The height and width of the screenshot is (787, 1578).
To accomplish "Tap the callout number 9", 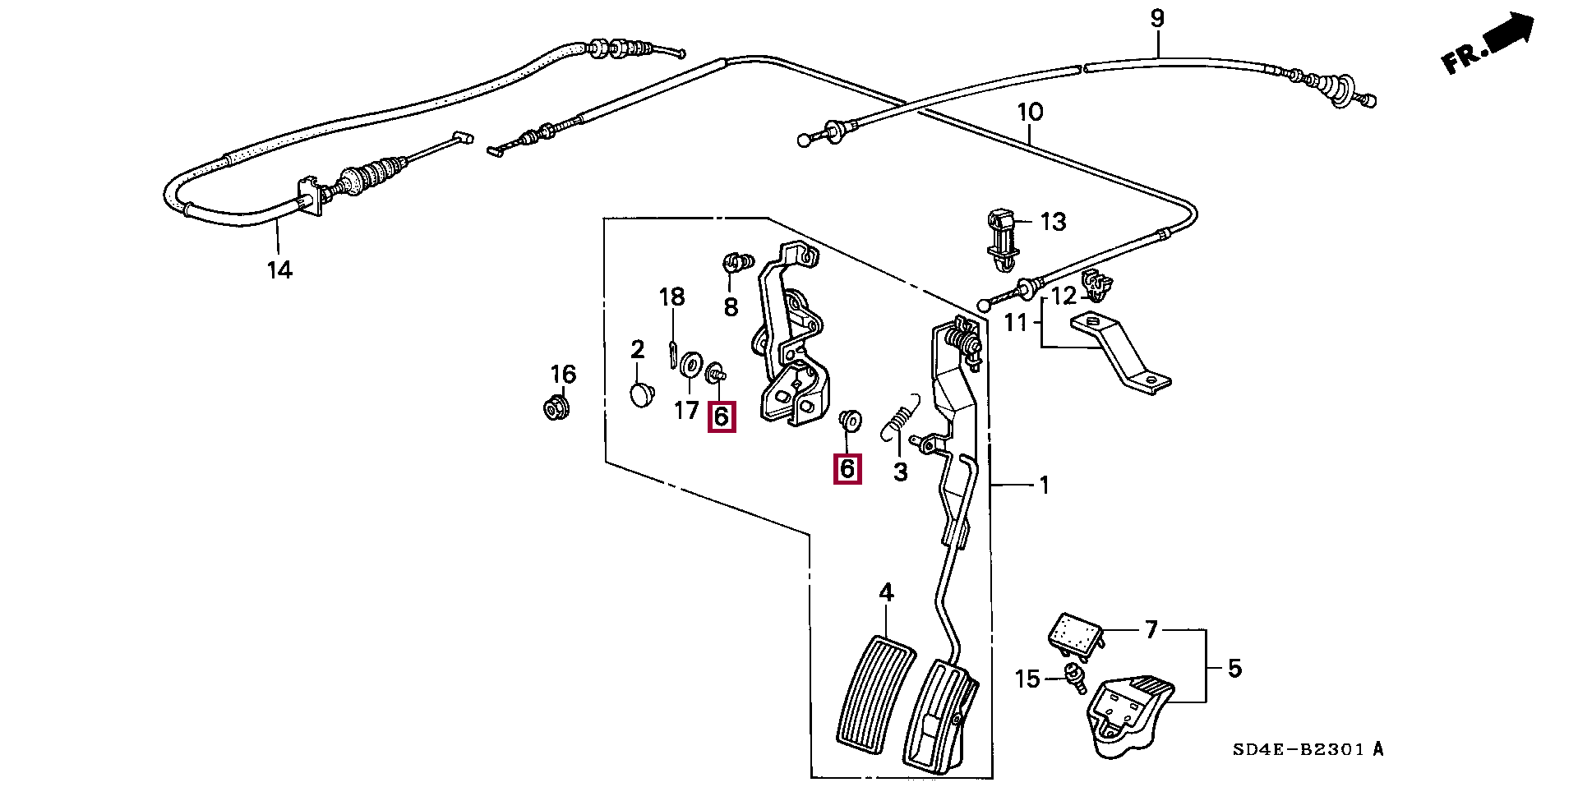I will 1157,19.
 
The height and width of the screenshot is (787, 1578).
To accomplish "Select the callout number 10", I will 1030,112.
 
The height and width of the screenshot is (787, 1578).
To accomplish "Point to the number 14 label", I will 279,269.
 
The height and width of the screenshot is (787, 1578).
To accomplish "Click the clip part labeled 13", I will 1000,239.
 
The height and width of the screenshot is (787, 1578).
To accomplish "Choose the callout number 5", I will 1234,669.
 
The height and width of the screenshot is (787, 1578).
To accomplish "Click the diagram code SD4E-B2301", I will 1308,749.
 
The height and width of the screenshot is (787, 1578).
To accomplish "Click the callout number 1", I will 1044,486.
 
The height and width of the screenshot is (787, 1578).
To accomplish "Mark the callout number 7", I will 1151,630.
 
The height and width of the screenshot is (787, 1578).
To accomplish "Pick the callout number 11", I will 1016,323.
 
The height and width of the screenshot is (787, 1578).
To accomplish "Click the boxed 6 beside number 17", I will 721,417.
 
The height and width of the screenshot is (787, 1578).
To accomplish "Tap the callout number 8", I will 731,307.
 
